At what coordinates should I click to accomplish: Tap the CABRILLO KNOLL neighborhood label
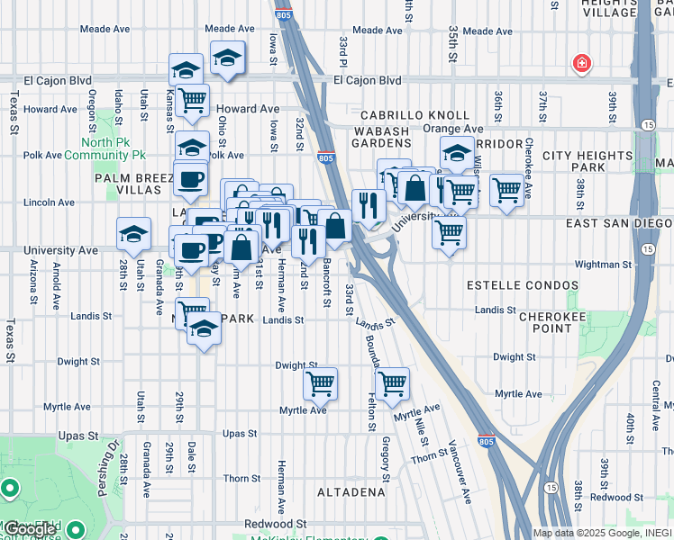(415, 115)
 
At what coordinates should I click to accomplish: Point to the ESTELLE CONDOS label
(523, 285)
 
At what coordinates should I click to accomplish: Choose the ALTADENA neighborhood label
(351, 492)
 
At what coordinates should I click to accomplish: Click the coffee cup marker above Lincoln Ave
(189, 179)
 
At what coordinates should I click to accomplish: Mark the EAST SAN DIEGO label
(618, 223)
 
